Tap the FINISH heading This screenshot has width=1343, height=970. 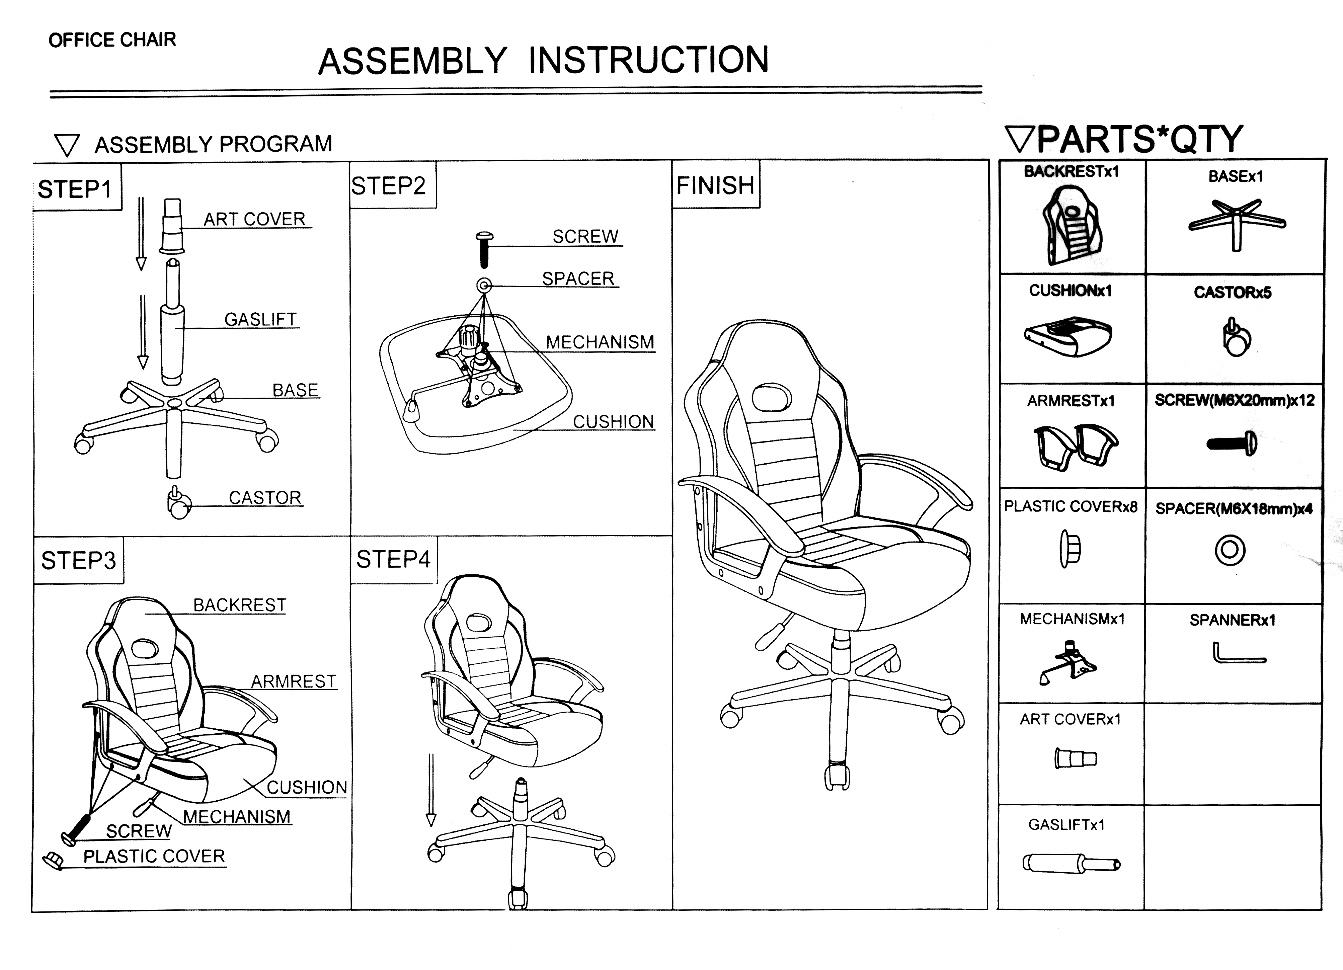[715, 185]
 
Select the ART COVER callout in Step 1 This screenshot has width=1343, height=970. [255, 219]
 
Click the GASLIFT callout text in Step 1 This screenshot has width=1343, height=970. [260, 320]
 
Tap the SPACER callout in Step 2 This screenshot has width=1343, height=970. [578, 279]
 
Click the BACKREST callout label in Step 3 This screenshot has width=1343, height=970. [240, 605]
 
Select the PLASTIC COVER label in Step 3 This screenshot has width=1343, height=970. [154, 856]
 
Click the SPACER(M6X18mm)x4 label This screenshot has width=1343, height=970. [1234, 509]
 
